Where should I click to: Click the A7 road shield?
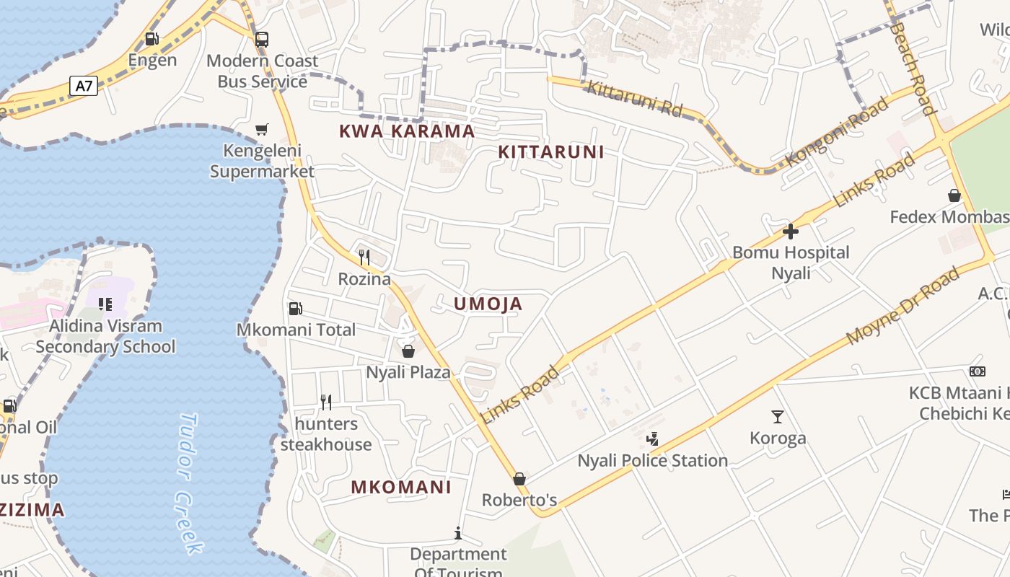tap(84, 86)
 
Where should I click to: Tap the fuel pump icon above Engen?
tap(151, 39)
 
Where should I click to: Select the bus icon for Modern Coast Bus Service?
tap(262, 40)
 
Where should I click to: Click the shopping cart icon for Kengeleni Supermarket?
tap(262, 130)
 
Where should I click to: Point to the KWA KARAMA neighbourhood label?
tap(407, 131)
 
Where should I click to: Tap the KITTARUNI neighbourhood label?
tap(551, 152)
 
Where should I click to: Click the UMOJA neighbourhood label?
tap(488, 304)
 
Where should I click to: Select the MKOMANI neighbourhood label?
tap(401, 487)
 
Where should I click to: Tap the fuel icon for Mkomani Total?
tap(295, 309)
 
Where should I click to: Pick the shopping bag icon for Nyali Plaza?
tap(408, 351)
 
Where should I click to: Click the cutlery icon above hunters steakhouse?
tap(326, 402)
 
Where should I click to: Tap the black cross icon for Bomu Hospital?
tap(791, 232)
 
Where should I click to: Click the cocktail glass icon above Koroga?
tap(778, 416)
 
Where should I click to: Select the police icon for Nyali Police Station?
tap(652, 439)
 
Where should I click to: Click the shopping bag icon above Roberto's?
tap(519, 479)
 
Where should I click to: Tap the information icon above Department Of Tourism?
tap(458, 533)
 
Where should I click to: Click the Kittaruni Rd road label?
tap(635, 99)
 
